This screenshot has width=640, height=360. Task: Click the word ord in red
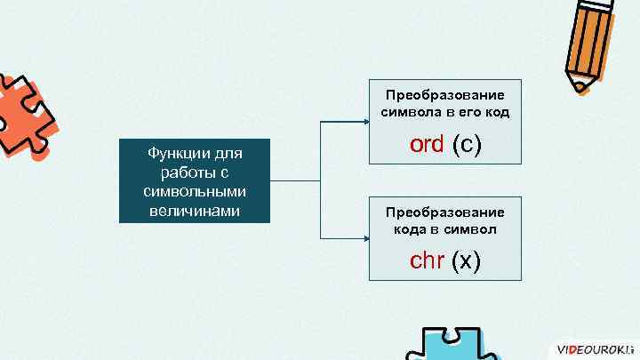tap(427, 144)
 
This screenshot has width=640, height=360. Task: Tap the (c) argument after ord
tap(468, 144)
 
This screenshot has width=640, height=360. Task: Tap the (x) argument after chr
tap(467, 260)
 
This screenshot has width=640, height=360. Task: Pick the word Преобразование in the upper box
tap(444, 95)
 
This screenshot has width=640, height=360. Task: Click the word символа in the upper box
tap(411, 113)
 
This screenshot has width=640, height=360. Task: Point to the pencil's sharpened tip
tap(579, 86)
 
